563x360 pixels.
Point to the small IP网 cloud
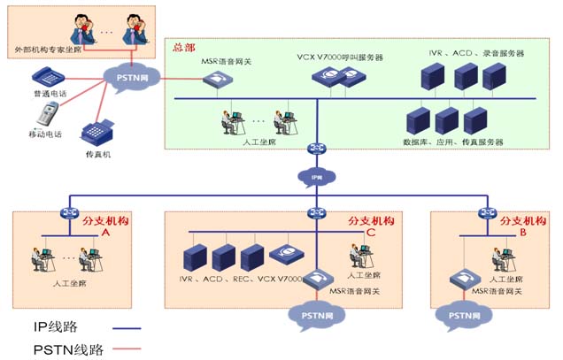316,178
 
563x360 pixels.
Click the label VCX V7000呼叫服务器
340,57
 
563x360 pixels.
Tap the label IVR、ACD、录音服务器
476,53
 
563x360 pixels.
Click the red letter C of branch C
371,233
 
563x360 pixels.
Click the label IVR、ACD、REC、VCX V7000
241,280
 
